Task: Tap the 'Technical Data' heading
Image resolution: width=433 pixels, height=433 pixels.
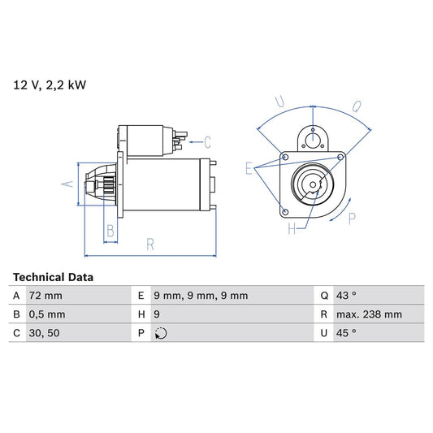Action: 53,277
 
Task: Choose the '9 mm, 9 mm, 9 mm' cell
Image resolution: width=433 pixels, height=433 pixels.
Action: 201,296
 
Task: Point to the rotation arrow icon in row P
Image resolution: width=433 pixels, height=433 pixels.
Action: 161,333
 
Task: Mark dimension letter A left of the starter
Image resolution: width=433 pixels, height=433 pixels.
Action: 68,184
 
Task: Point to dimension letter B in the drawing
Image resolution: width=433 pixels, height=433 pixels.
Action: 110,231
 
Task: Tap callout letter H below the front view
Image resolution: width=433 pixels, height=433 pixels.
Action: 292,229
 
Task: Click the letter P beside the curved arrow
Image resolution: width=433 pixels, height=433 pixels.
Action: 351,218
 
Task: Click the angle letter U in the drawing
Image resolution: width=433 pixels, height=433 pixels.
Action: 279,102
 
